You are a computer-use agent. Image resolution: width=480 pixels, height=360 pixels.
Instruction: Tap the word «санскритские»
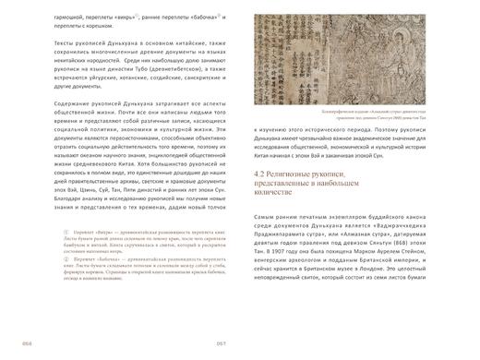point(171,105)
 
